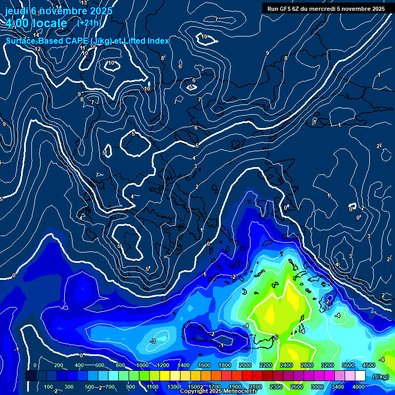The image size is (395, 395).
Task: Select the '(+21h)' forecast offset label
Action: [89, 23]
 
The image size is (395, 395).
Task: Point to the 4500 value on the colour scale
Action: [368, 365]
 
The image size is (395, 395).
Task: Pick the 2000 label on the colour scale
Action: [245, 365]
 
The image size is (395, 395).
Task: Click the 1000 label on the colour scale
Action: [142, 365]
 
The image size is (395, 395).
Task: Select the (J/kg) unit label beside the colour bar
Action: [380, 376]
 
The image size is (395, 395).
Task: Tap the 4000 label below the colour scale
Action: [358, 387]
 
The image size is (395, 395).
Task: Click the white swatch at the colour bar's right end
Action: [360, 376]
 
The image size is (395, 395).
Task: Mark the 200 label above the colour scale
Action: [58, 365]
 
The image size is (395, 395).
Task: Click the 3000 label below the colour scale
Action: [317, 387]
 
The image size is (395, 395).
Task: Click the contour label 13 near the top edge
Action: [84, 3]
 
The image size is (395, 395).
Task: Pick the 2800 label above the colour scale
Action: [307, 365]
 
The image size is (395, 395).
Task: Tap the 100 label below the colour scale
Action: [48, 387]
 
